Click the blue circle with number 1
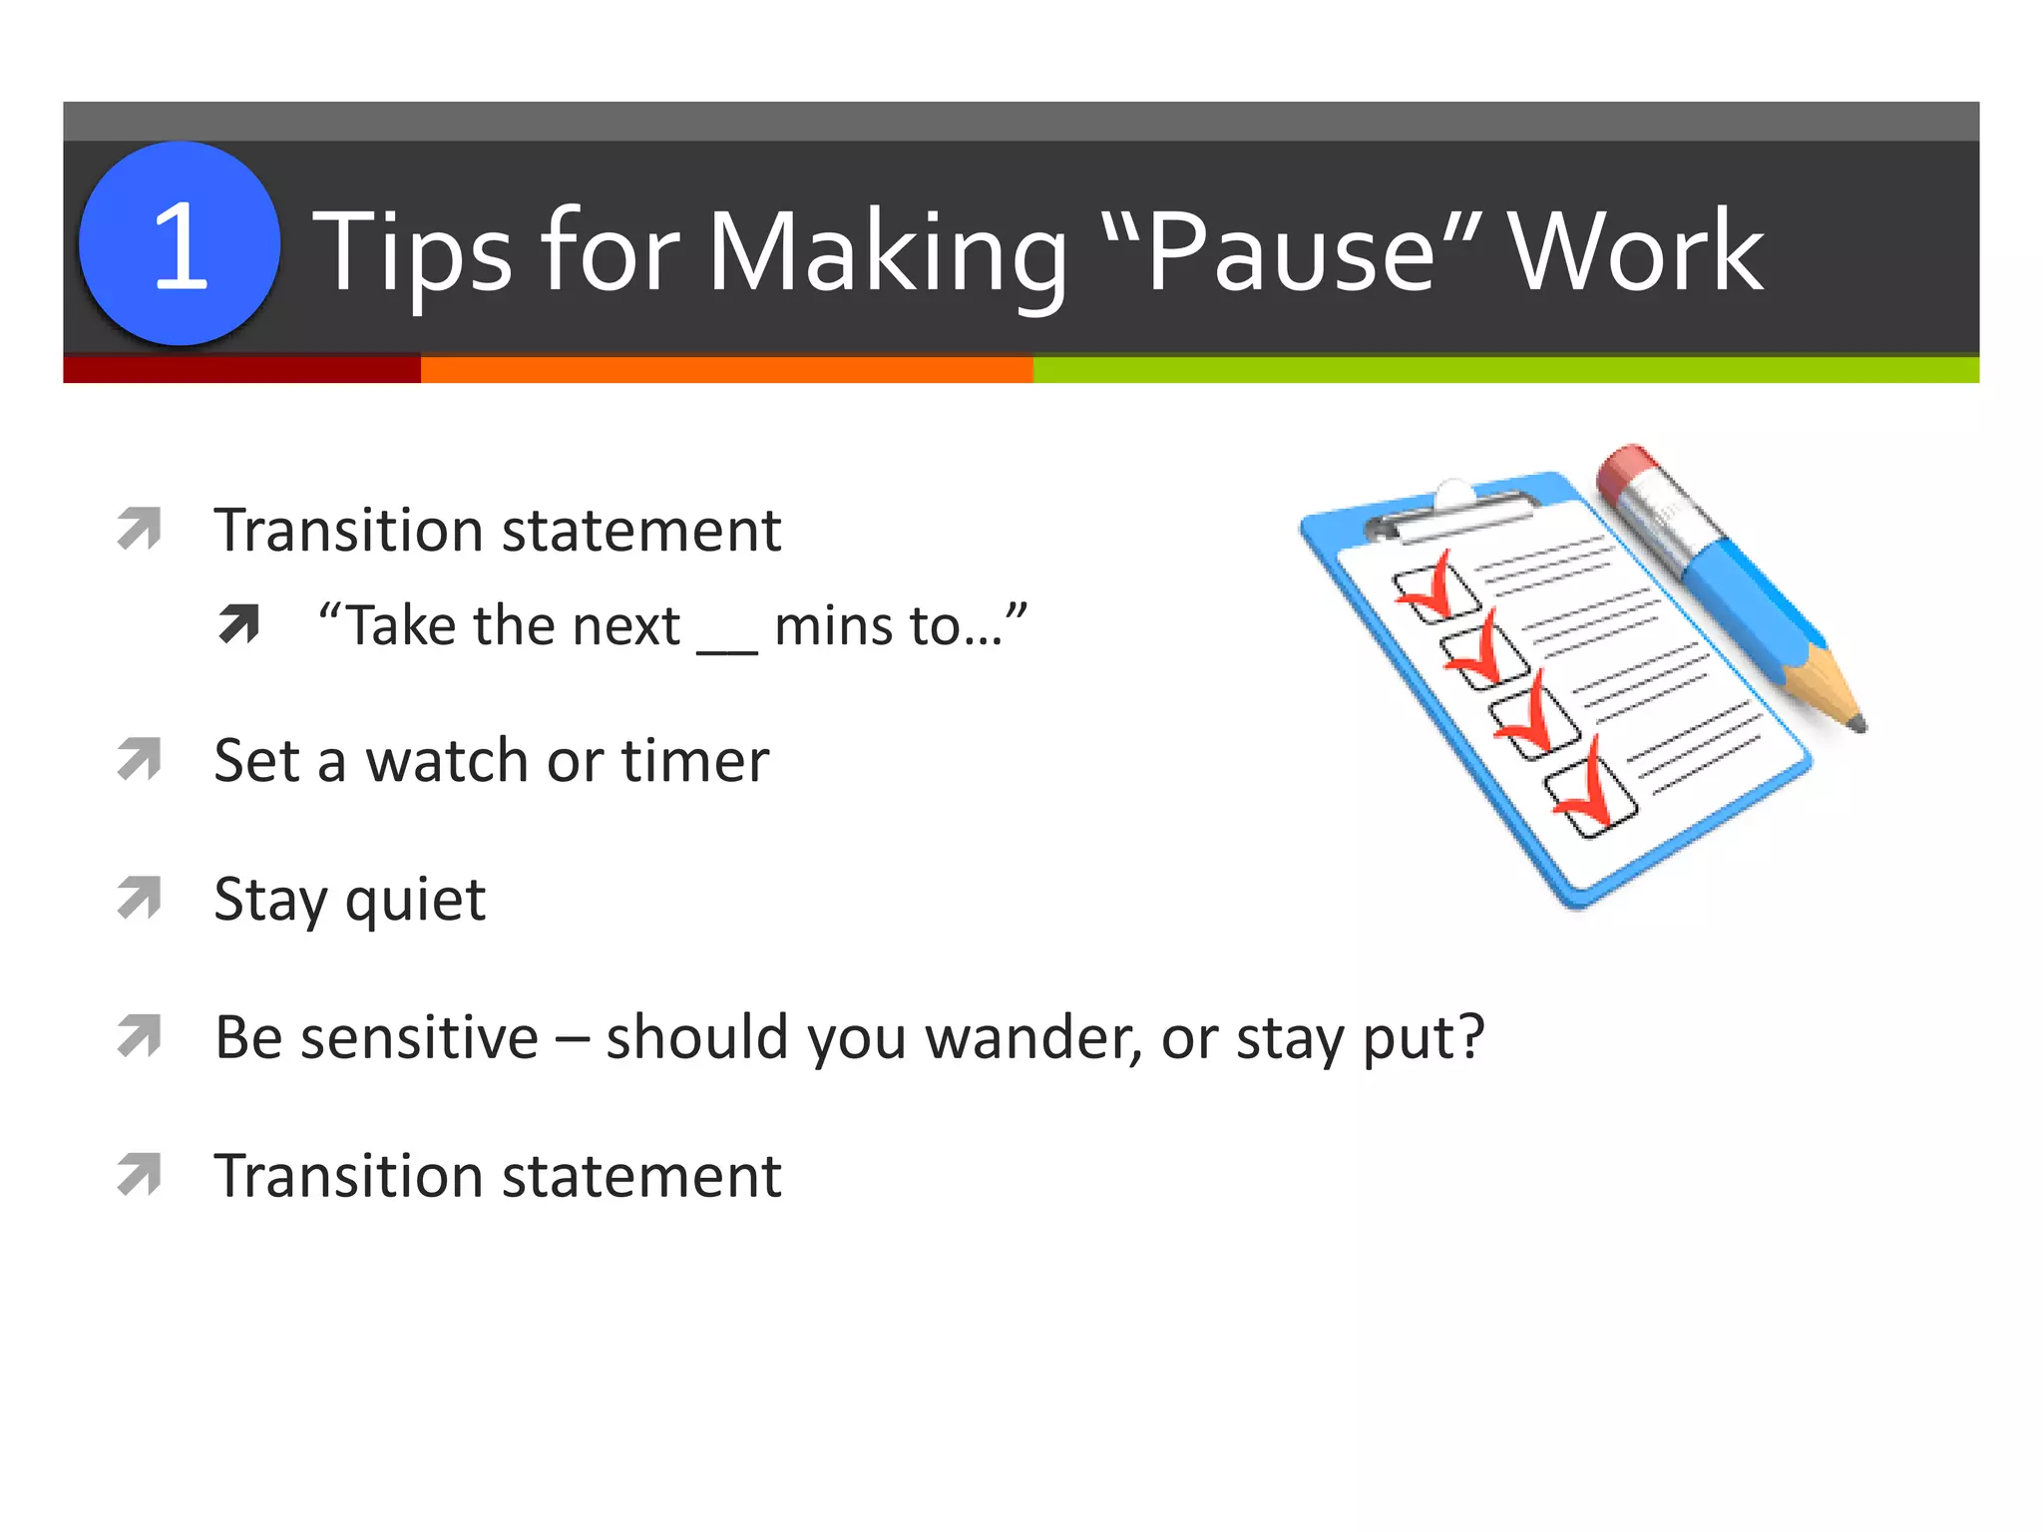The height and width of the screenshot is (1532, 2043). (180, 244)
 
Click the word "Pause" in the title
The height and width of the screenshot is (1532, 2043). (1293, 251)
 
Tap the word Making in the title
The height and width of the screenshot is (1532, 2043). (887, 254)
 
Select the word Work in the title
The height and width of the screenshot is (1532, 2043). (1636, 251)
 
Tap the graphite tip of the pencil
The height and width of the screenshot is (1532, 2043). (1856, 723)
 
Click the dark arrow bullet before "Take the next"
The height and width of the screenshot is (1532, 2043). (239, 624)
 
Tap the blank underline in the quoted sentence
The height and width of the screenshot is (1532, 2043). (727, 648)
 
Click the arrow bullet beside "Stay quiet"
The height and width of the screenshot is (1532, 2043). (140, 898)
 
